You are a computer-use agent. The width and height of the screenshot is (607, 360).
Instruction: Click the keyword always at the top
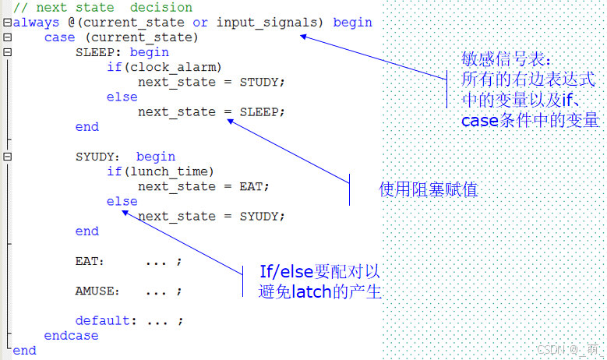click(36, 23)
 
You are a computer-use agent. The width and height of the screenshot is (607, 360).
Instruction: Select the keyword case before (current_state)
click(59, 37)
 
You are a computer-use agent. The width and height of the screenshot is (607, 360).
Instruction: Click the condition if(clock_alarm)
click(164, 67)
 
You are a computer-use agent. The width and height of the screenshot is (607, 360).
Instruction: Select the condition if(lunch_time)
click(161, 171)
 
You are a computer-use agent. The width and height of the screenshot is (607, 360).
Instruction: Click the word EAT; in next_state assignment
click(254, 186)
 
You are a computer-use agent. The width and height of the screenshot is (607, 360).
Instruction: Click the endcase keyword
click(71, 335)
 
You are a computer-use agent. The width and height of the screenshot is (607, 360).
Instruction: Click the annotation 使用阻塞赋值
click(428, 189)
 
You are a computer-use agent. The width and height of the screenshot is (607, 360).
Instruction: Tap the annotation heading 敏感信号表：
click(506, 60)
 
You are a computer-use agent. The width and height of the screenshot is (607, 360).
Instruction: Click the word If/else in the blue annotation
click(287, 272)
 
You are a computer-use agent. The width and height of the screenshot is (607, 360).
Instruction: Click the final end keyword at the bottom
click(24, 350)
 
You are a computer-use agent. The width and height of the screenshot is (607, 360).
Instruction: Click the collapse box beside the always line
click(7, 23)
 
